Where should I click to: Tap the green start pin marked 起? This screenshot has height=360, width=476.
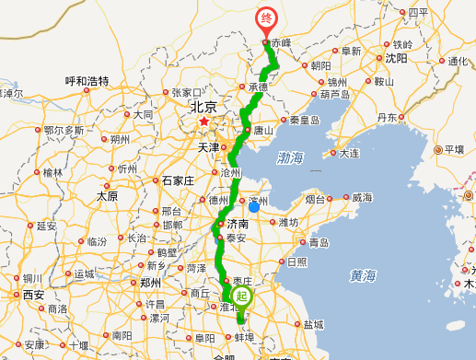tap(242, 296)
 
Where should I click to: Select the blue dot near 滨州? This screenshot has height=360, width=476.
tap(255, 206)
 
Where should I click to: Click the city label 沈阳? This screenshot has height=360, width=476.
tap(396, 57)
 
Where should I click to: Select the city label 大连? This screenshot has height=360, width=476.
tap(349, 153)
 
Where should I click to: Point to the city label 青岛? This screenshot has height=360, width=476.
tap(319, 242)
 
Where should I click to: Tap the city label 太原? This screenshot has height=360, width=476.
tap(108, 196)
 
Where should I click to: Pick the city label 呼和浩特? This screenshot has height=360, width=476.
tap(87, 81)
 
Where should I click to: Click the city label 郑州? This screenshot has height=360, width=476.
tap(148, 283)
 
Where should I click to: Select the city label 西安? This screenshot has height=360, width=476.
tap(33, 295)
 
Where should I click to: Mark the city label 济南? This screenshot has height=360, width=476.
tap(238, 224)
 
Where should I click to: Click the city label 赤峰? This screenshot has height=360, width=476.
tap(279, 41)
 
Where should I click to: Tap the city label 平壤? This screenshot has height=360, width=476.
tap(454, 149)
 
